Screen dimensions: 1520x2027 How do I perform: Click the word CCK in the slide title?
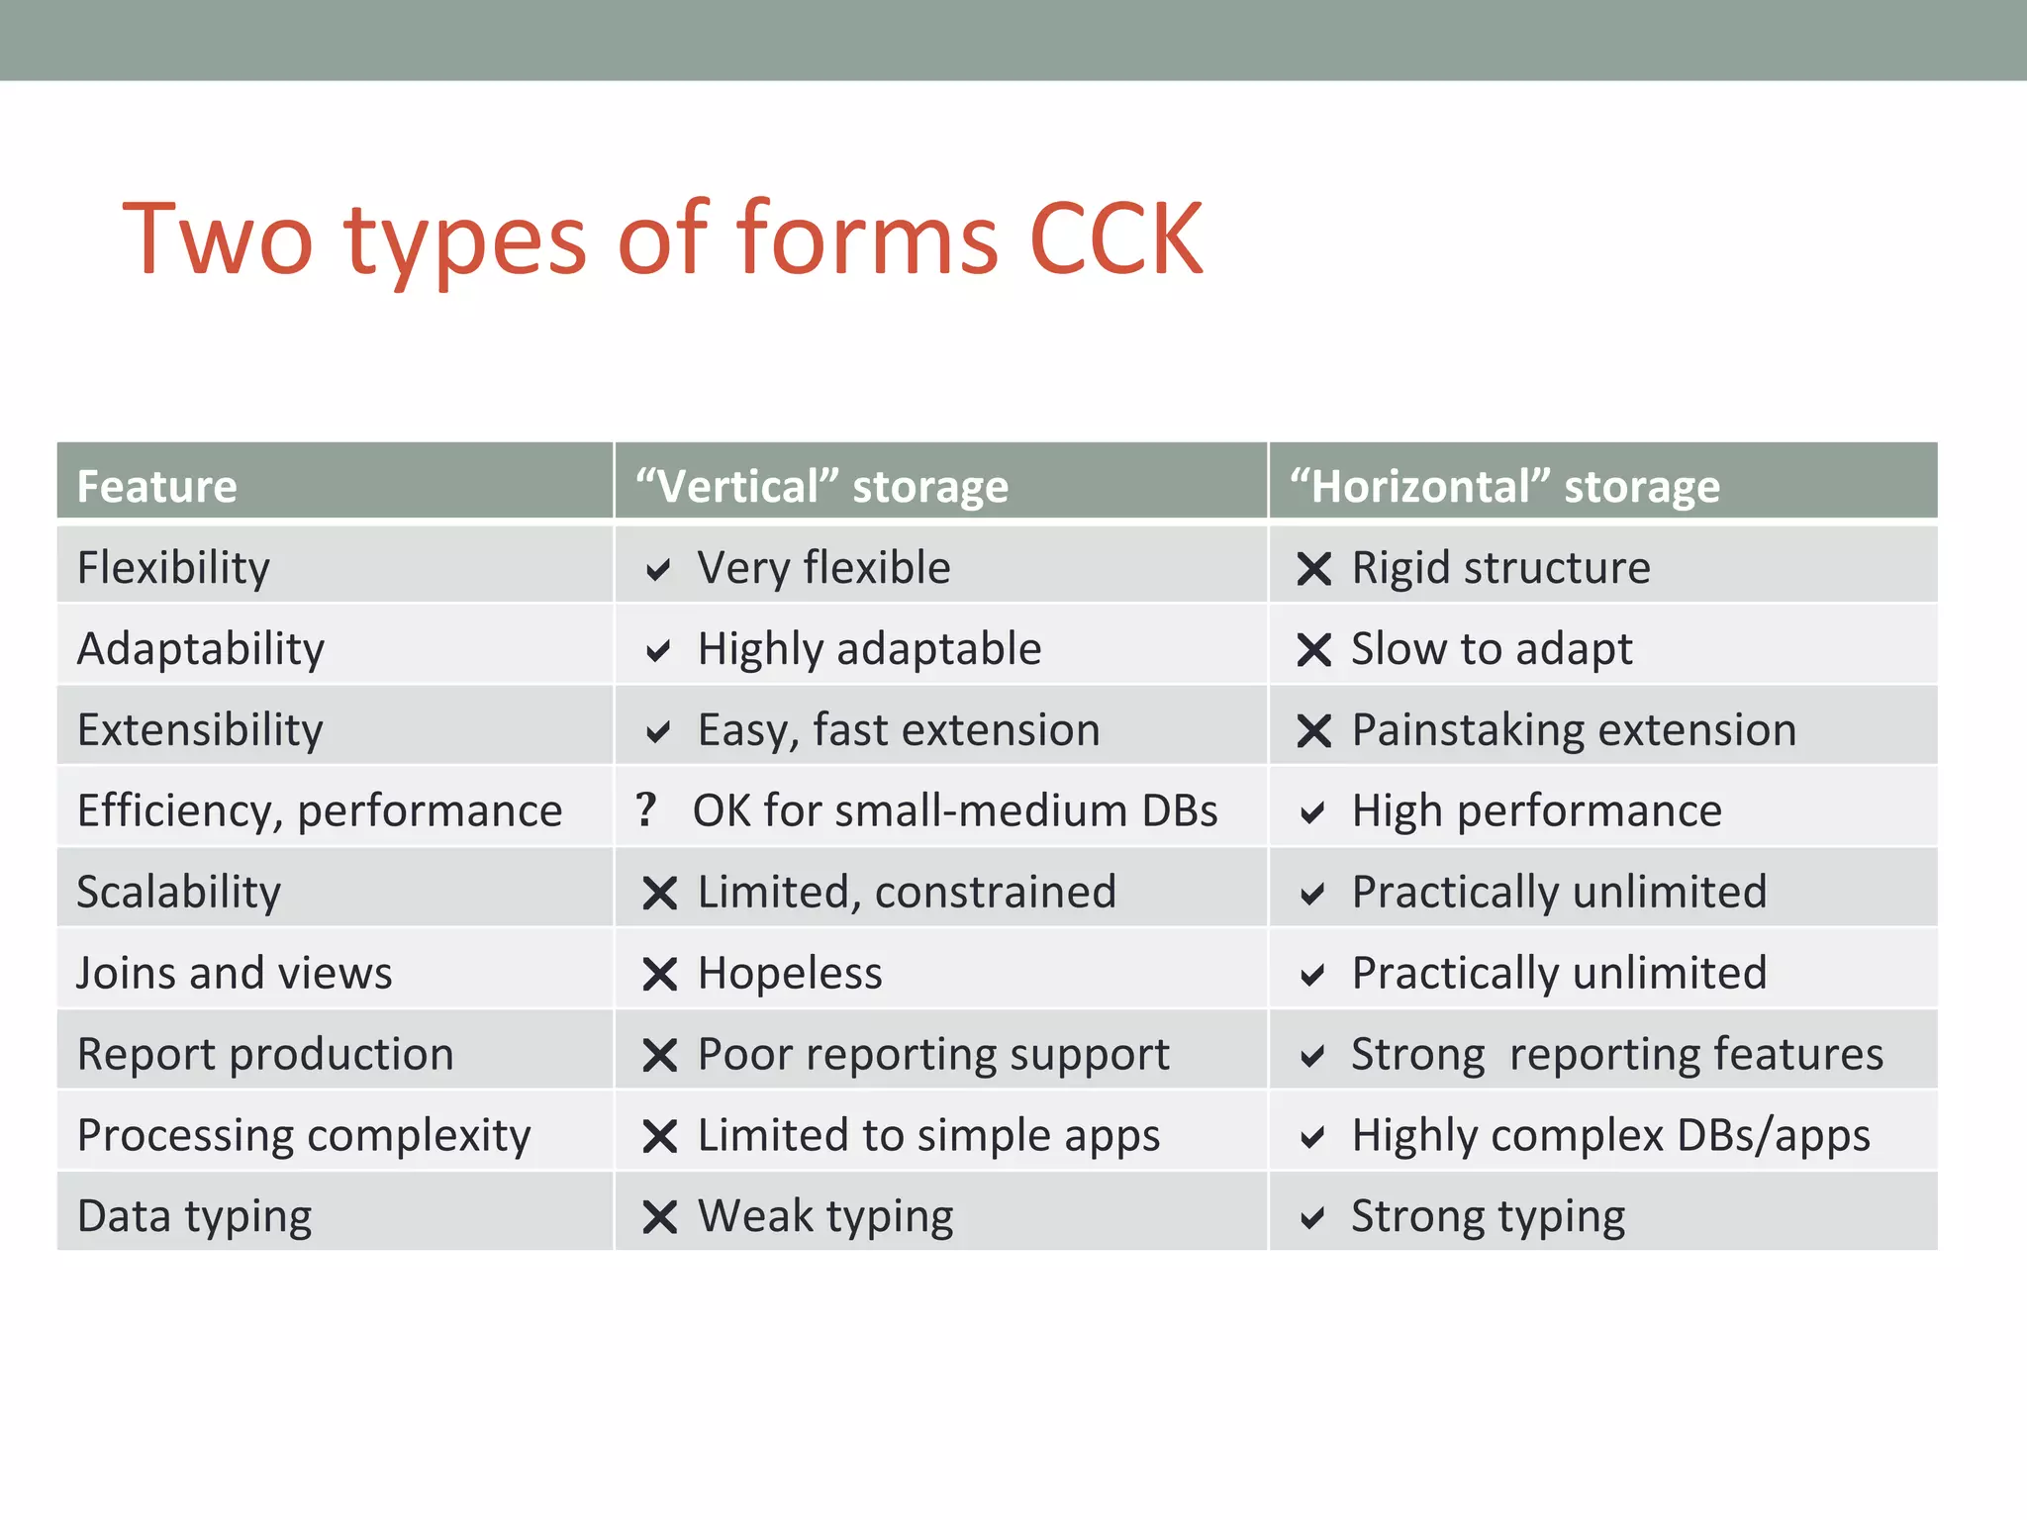pyautogui.click(x=1115, y=238)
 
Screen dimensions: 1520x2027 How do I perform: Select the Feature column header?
pyautogui.click(x=157, y=486)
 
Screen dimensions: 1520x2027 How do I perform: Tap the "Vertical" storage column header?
pyautogui.click(x=821, y=486)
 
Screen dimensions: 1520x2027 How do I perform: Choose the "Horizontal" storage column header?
pyautogui.click(x=1504, y=486)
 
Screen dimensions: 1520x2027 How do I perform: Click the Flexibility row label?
pyautogui.click(x=173, y=568)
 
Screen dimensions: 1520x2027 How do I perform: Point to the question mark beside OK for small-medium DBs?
pyautogui.click(x=646, y=809)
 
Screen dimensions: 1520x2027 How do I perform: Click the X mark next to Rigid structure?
pyautogui.click(x=1314, y=569)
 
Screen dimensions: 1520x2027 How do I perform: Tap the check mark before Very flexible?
pyautogui.click(x=658, y=570)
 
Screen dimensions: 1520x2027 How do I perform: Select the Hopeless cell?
pyautogui.click(x=790, y=973)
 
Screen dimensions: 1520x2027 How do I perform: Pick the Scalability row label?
pyautogui.click(x=179, y=892)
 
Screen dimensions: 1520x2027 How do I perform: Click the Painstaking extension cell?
pyautogui.click(x=1574, y=730)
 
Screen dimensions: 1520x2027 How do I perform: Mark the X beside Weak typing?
pyautogui.click(x=659, y=1217)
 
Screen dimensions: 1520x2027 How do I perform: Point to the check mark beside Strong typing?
pyautogui.click(x=1312, y=1218)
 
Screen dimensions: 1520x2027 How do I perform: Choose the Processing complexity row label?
pyautogui.click(x=304, y=1135)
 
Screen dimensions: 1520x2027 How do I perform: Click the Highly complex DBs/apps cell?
pyautogui.click(x=1610, y=1135)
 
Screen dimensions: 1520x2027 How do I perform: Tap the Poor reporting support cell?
pyautogui.click(x=932, y=1054)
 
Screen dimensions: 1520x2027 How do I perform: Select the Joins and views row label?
pyautogui.click(x=235, y=973)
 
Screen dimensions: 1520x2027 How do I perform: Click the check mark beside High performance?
pyautogui.click(x=1312, y=813)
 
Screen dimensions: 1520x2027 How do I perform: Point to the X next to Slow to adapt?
pyautogui.click(x=1314, y=650)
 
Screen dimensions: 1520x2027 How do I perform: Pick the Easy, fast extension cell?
pyautogui.click(x=898, y=730)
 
